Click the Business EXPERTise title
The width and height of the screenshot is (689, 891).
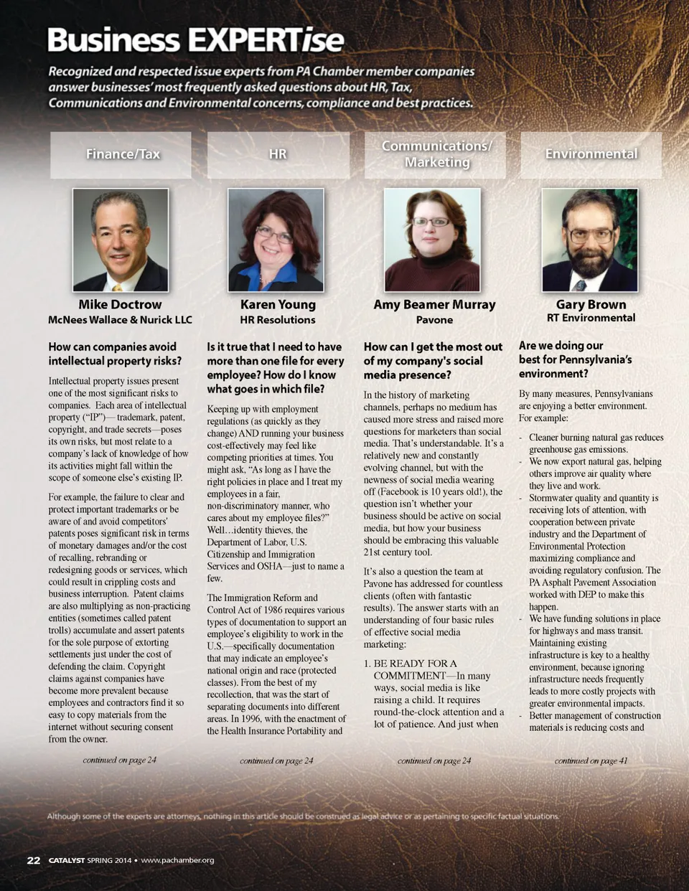tap(195, 40)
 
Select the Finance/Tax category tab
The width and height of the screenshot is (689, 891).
tap(121, 154)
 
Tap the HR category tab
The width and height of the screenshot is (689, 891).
tap(278, 154)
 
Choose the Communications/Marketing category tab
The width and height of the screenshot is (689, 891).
tap(436, 154)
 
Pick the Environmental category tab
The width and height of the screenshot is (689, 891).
tap(591, 154)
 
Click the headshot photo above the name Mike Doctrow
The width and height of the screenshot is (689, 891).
tap(121, 240)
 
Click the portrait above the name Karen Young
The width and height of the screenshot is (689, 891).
tap(276, 240)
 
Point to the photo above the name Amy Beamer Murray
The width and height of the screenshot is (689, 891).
tap(432, 240)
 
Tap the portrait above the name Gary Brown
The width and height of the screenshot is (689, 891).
tap(589, 240)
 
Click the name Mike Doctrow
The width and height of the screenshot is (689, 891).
tap(120, 305)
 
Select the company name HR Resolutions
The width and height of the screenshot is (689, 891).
tap(278, 320)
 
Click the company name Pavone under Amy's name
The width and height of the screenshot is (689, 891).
tap(434, 320)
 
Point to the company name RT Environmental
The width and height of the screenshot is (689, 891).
tap(591, 318)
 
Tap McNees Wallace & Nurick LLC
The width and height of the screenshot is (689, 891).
tap(120, 320)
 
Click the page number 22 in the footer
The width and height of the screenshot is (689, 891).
tap(34, 860)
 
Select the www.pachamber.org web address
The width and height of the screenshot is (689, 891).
tap(177, 860)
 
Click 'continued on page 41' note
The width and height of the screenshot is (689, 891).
tap(591, 760)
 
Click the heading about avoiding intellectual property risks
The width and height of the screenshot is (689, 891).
tap(115, 354)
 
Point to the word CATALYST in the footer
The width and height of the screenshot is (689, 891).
tap(66, 860)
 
